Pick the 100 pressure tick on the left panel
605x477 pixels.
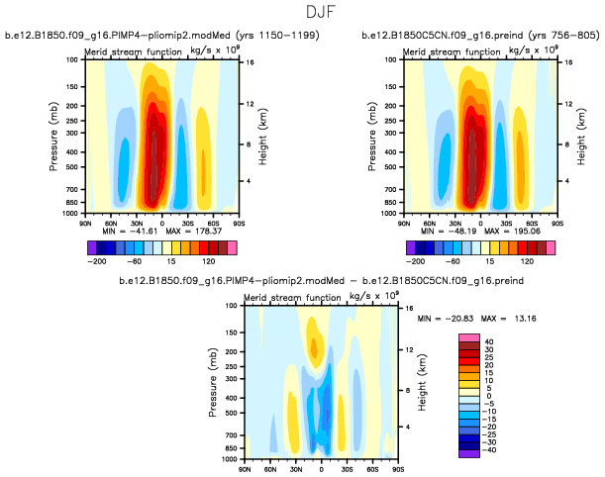tap(71, 59)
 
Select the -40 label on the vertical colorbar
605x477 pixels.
tap(490, 449)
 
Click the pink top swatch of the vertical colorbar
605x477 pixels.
tap(468, 337)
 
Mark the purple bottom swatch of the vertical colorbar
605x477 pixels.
tap(468, 453)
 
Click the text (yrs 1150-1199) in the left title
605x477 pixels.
tap(225, 36)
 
